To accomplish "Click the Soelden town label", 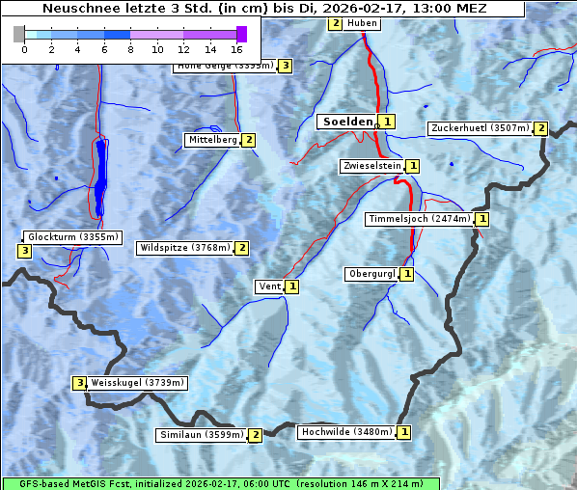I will pyautogui.click(x=345, y=122).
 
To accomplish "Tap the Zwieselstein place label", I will pyautogui.click(x=371, y=166).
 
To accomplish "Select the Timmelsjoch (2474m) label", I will pyautogui.click(x=419, y=219).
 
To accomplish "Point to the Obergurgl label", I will pyautogui.click(x=371, y=274).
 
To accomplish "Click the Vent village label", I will pyautogui.click(x=269, y=286).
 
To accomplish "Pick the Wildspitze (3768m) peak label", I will pyautogui.click(x=185, y=248).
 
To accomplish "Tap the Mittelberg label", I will pyautogui.click(x=212, y=140).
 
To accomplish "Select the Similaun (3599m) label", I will pyautogui.click(x=201, y=435).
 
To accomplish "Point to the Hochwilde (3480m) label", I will pyautogui.click(x=345, y=432).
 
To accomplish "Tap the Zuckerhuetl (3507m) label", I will pyautogui.click(x=480, y=128).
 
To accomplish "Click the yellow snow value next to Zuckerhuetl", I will pyautogui.click(x=541, y=128).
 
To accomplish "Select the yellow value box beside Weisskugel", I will pyautogui.click(x=80, y=383).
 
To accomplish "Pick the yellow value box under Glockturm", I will pyautogui.click(x=25, y=252).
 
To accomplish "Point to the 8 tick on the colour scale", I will pyautogui.click(x=130, y=49).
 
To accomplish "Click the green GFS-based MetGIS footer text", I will pyautogui.click(x=220, y=483).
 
